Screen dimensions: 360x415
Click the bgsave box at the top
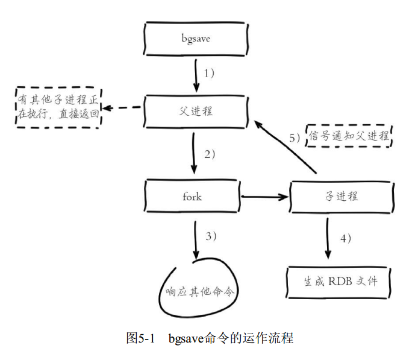[x=196, y=39]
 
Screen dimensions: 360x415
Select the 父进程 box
[x=196, y=111]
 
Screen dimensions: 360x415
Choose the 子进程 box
[x=342, y=196]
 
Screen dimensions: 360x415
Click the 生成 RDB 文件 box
[x=341, y=281]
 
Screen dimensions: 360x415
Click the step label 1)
[x=210, y=74]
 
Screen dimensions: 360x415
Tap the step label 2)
[x=210, y=154]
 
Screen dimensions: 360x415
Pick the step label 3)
[x=210, y=236]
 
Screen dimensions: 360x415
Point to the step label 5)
[x=295, y=138]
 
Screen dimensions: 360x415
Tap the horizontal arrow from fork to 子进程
[x=264, y=196]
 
